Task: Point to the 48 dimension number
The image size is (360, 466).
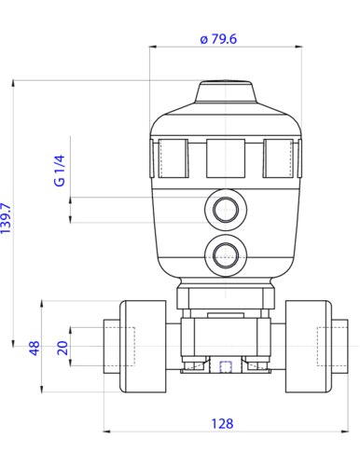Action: point(35,349)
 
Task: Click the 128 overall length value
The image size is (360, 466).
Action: point(222,423)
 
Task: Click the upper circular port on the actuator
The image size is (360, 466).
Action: point(225,210)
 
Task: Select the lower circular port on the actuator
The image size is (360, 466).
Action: point(225,253)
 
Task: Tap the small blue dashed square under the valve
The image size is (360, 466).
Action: point(225,366)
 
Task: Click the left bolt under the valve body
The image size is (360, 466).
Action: point(194,366)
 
